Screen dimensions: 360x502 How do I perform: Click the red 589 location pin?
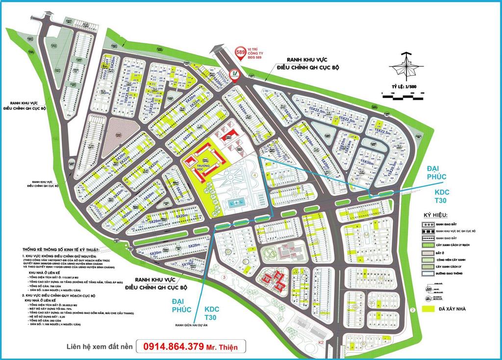[241, 53]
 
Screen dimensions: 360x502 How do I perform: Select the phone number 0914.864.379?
[174, 346]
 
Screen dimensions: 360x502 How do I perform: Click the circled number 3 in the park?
[224, 277]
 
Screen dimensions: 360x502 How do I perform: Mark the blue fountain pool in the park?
[240, 202]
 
